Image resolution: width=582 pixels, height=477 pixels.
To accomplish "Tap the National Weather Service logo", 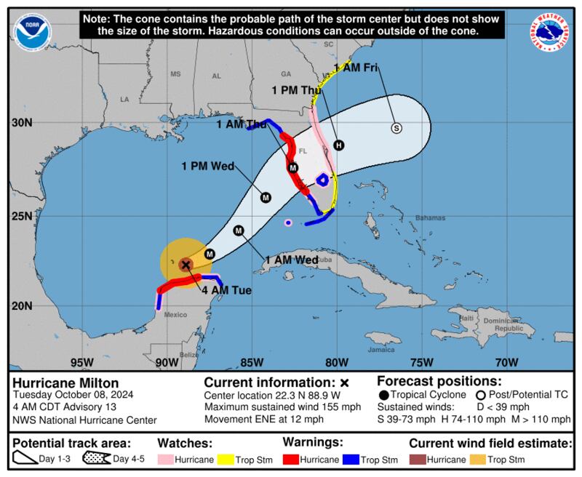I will pos(551,31).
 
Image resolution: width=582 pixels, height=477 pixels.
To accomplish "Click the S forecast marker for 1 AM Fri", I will pos(396,128).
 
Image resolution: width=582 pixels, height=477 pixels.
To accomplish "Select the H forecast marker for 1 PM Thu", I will pos(338,145).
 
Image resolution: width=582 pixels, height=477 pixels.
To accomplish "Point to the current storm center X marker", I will pos(186,265).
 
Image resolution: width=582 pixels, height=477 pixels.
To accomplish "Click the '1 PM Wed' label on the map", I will pos(207,167).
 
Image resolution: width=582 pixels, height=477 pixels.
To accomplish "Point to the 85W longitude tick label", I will pos(251,362).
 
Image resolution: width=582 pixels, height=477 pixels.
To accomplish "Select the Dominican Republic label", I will pos(505,325).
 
